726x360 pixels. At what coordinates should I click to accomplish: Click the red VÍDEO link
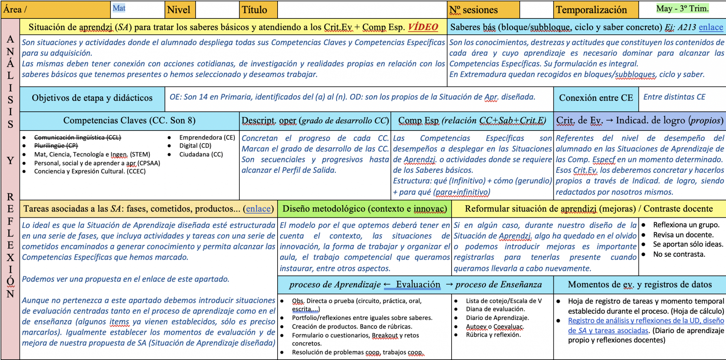click(423, 27)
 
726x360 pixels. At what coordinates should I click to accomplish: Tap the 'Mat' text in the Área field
click(119, 8)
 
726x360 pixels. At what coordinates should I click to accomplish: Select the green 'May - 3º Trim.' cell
click(682, 9)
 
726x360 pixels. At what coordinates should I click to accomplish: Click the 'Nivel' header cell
click(179, 10)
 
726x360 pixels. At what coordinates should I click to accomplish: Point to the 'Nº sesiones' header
click(474, 10)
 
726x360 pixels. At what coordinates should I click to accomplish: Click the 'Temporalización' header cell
click(591, 10)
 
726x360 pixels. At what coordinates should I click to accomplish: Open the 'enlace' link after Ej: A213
click(711, 27)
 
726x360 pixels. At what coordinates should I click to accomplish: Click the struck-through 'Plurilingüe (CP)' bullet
click(56, 146)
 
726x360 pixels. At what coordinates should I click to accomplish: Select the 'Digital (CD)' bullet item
click(195, 146)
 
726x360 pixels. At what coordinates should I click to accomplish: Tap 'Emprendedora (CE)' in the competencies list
click(207, 138)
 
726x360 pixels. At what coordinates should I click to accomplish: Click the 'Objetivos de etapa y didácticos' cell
click(92, 98)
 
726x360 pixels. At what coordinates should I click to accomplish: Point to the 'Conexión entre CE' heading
click(596, 98)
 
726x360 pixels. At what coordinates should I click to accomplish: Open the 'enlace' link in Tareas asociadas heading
click(258, 209)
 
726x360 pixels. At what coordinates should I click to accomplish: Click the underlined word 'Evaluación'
click(418, 284)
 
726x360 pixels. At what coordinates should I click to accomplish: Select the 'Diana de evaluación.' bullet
click(495, 309)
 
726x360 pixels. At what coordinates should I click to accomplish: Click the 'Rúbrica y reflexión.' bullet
click(493, 335)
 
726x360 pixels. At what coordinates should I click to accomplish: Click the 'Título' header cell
click(254, 10)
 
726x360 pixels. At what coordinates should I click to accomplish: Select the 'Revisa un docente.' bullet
click(683, 235)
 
